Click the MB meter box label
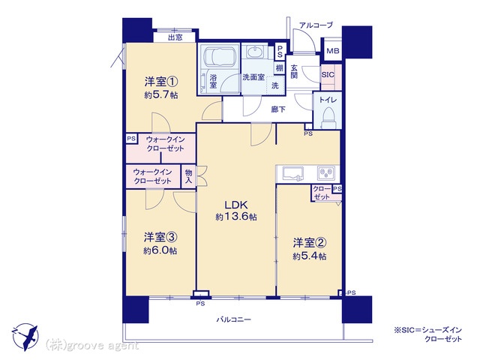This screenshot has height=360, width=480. pyautogui.click(x=333, y=51)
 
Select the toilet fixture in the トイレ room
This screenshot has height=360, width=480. pyautogui.click(x=328, y=118)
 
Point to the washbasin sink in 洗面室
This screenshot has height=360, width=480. pyautogui.click(x=255, y=52)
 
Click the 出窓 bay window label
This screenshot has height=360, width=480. pyautogui.click(x=175, y=37)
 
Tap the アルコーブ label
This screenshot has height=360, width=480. pyautogui.click(x=316, y=25)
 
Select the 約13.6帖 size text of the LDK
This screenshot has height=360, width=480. pyautogui.click(x=236, y=217)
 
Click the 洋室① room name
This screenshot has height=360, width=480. pyautogui.click(x=161, y=82)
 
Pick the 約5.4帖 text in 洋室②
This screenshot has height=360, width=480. pyautogui.click(x=309, y=256)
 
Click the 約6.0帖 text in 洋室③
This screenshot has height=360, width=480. pyautogui.click(x=160, y=250)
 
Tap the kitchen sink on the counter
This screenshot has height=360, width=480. pyautogui.click(x=293, y=173)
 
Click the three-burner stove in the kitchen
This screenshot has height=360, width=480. pyautogui.click(x=326, y=173)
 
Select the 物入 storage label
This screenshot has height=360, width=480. pyautogui.click(x=188, y=177)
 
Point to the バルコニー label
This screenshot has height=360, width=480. pyautogui.click(x=233, y=319)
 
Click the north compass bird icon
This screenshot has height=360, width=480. pyautogui.click(x=25, y=337)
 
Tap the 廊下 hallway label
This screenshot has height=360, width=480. pyautogui.click(x=278, y=109)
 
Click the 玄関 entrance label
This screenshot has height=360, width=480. pyautogui.click(x=294, y=71)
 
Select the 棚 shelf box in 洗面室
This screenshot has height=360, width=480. pyautogui.click(x=279, y=67)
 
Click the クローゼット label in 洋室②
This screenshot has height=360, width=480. pyautogui.click(x=322, y=193)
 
